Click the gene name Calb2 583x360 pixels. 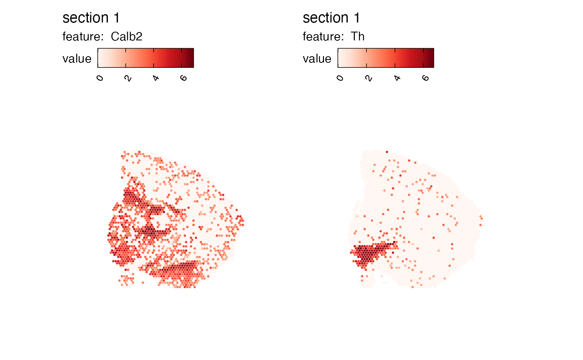[x=127, y=37]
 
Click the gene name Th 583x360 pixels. [x=358, y=37]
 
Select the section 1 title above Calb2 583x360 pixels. [x=91, y=18]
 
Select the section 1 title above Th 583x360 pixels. [x=331, y=18]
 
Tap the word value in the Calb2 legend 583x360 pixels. [x=77, y=59]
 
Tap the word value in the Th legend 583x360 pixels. [x=317, y=59]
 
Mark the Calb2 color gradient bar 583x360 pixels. [x=146, y=58]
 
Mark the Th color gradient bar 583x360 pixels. [x=386, y=58]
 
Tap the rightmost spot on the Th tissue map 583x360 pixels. [x=481, y=217]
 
